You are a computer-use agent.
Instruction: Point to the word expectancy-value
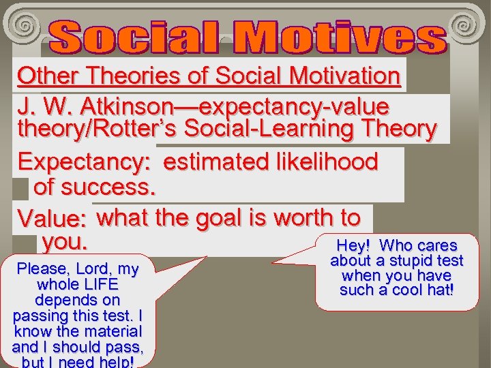point(292,107)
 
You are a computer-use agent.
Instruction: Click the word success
point(116,185)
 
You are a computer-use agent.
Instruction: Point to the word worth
point(303,218)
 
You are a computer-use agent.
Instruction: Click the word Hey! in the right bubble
point(353,245)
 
